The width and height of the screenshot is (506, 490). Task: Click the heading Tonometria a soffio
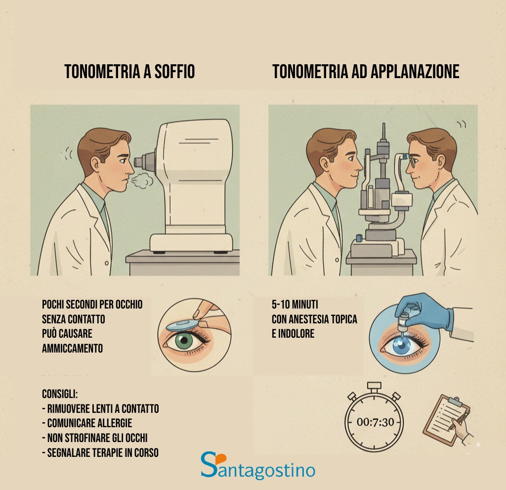[x=129, y=72]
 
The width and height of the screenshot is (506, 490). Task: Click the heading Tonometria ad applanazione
[x=366, y=72]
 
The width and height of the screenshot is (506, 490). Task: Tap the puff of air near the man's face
[x=143, y=181]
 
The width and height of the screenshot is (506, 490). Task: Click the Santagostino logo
[x=257, y=466]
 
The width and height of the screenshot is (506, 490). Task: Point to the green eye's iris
[x=186, y=341]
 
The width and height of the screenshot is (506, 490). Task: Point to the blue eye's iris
[x=401, y=347]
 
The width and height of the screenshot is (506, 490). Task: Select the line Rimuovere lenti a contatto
[x=100, y=409]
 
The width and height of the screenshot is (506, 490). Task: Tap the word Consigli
[x=60, y=395]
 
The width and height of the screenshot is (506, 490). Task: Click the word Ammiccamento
[x=72, y=348]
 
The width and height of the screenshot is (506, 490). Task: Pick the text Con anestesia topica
[x=314, y=319]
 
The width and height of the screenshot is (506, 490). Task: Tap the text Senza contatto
[x=73, y=319]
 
